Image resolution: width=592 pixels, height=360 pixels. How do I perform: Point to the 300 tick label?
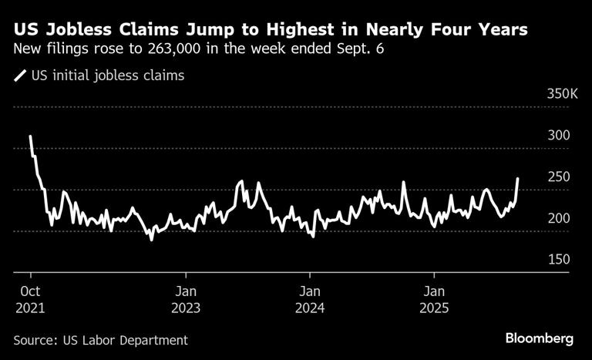[x=558, y=136]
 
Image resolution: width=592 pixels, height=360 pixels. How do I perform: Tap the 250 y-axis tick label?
[x=558, y=177]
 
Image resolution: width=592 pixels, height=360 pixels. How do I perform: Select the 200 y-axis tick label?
[x=558, y=219]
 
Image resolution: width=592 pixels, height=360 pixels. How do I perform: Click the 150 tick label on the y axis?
[x=558, y=260]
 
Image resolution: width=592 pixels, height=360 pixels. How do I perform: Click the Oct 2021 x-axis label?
[x=31, y=300]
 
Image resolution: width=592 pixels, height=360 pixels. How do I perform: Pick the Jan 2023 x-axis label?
[x=186, y=300]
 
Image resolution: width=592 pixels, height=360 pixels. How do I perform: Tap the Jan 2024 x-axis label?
[x=310, y=300]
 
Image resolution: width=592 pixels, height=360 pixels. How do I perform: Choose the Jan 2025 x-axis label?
[x=435, y=300]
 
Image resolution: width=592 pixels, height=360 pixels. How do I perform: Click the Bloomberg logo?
[x=540, y=338]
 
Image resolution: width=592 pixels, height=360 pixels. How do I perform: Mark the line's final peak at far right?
[x=518, y=178]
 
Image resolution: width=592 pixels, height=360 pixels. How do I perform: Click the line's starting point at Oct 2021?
[x=30, y=136]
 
